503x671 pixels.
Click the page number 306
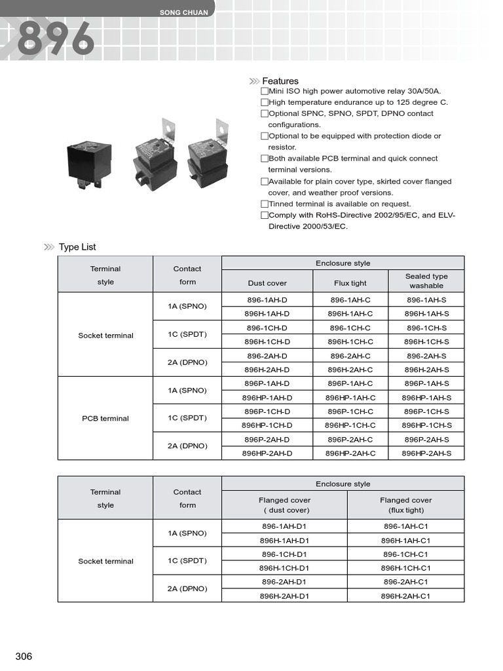pyautogui.click(x=24, y=657)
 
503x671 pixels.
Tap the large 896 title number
pyautogui.click(x=55, y=39)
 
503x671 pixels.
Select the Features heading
pyautogui.click(x=280, y=81)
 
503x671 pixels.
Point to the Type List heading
pyautogui.click(x=77, y=247)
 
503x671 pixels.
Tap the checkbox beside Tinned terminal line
pyautogui.click(x=265, y=204)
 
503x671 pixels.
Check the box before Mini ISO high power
pyautogui.click(x=265, y=91)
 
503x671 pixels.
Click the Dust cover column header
pyautogui.click(x=267, y=283)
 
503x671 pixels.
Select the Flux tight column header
pyautogui.click(x=350, y=283)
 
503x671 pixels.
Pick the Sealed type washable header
pyautogui.click(x=426, y=281)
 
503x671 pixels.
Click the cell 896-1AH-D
pyautogui.click(x=267, y=299)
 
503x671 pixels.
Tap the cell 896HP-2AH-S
pyautogui.click(x=426, y=453)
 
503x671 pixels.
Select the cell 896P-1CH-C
pyautogui.click(x=350, y=412)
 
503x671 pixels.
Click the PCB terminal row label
pyautogui.click(x=105, y=418)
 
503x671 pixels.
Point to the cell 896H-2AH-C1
pyautogui.click(x=405, y=596)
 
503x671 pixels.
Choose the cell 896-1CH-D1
pyautogui.click(x=285, y=554)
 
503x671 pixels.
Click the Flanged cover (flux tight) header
pyautogui.click(x=405, y=505)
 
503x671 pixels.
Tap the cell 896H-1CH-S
pyautogui.click(x=426, y=342)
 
